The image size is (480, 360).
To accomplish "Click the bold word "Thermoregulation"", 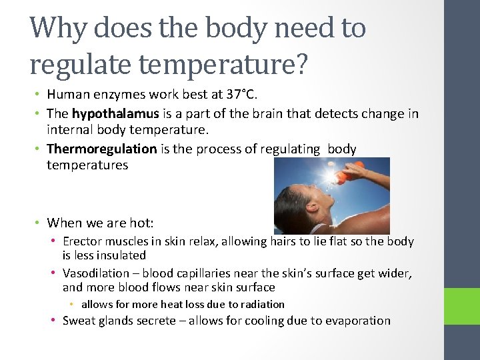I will (x=101, y=149).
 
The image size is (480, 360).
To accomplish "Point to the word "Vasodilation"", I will (x=96, y=274).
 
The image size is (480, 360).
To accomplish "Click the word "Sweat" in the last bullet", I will (x=78, y=321).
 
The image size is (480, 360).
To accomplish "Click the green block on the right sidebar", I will (x=462, y=309).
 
